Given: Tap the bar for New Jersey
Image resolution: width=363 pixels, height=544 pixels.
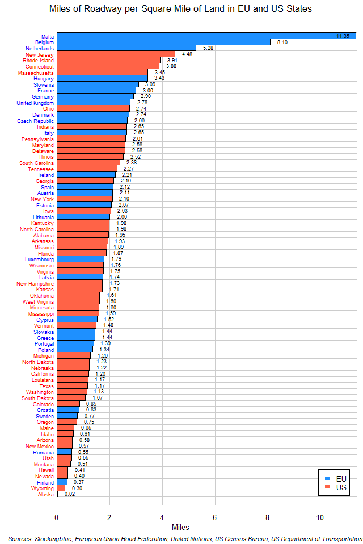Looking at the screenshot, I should click(x=116, y=54).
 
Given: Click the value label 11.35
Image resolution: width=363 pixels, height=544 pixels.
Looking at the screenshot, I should click(x=343, y=36).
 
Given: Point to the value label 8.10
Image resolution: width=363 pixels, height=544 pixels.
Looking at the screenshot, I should click(x=283, y=42).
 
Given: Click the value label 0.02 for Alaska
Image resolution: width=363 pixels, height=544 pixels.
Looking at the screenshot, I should click(x=70, y=494).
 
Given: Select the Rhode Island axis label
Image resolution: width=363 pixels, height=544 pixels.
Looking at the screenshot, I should click(x=39, y=60).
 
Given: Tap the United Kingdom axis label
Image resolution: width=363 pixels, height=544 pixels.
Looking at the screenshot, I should click(x=35, y=103).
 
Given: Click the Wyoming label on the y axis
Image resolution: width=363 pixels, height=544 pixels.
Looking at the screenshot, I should click(x=43, y=488).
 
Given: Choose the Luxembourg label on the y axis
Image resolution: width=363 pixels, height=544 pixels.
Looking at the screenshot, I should click(x=40, y=260).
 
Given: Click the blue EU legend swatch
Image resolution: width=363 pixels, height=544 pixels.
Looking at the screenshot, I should click(x=327, y=478).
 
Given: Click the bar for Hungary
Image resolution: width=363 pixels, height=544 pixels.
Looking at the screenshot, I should click(x=102, y=79).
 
